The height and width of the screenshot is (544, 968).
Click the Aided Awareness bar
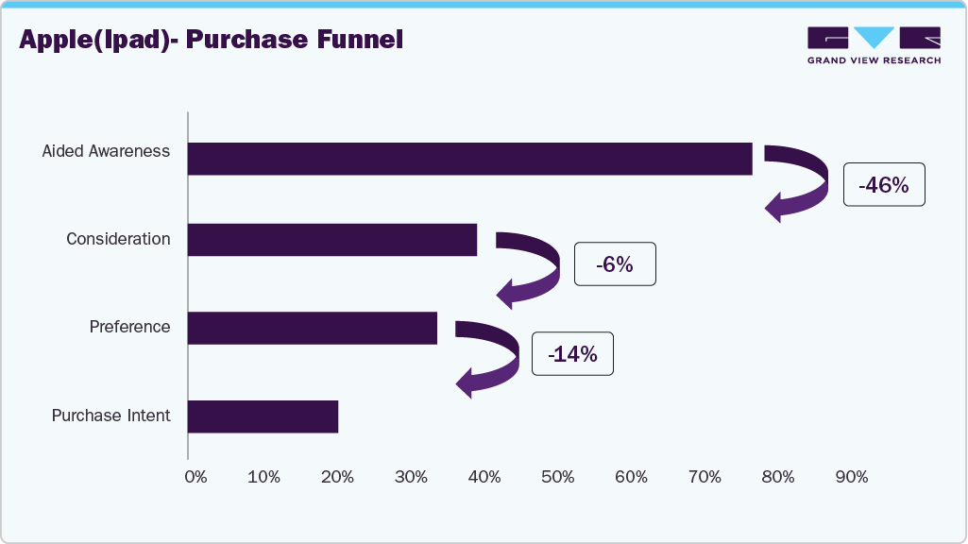(x=469, y=159)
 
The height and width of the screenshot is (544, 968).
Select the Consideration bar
(x=331, y=240)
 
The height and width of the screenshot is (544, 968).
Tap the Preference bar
(x=312, y=328)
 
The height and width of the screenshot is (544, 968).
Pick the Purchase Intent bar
(x=263, y=416)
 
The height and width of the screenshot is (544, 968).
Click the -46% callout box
(x=884, y=186)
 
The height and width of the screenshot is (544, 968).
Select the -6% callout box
(x=614, y=265)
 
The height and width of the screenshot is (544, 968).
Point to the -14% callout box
(x=572, y=354)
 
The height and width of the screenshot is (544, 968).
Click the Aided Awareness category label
(x=106, y=151)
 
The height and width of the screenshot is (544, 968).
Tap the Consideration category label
(x=118, y=239)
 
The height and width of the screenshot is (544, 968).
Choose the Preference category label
(x=129, y=327)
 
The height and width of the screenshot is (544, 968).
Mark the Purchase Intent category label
(x=110, y=416)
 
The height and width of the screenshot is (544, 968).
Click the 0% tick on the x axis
(x=195, y=477)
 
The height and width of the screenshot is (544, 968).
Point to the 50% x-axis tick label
(x=558, y=477)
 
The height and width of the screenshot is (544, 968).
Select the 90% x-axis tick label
(x=852, y=477)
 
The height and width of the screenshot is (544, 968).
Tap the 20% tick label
(x=337, y=477)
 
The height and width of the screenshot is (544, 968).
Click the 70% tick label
(x=705, y=477)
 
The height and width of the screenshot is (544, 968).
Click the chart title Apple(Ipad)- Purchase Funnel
(x=211, y=40)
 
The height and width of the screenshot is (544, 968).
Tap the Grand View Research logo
(x=874, y=44)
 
